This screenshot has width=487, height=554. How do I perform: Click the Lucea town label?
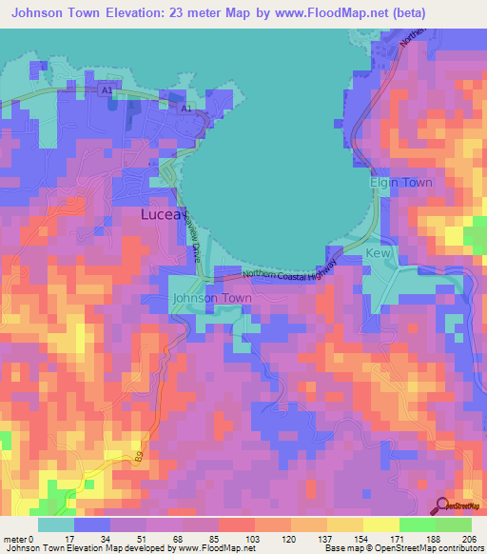(167, 215)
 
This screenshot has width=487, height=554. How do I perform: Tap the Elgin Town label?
(400, 182)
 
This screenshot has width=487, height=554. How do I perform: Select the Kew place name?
(378, 254)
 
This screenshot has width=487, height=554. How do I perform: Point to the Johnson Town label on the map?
(212, 298)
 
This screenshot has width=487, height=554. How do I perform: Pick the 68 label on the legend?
(145, 538)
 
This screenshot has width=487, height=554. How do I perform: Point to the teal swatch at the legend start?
(55, 524)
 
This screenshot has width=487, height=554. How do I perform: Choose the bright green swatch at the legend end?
(454, 524)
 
